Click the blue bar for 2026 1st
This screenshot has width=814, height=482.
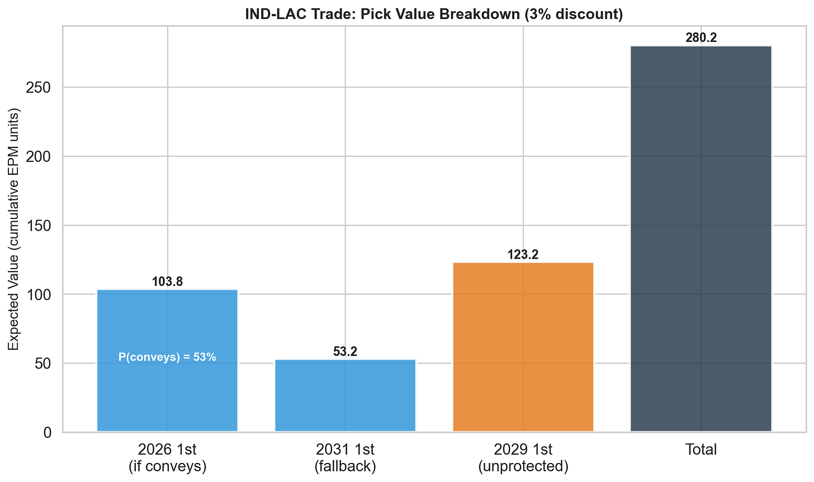click(167, 391)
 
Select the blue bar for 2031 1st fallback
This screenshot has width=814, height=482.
click(345, 397)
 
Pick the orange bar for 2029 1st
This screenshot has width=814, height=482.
click(523, 346)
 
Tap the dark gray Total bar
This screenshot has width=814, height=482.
click(701, 240)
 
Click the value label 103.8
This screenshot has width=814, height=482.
click(167, 282)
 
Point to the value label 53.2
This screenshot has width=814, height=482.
click(345, 352)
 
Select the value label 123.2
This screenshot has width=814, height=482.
click(523, 255)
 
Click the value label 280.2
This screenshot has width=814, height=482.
click(701, 38)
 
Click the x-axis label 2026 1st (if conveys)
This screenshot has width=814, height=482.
click(167, 457)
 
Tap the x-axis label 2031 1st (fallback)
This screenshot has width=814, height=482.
click(345, 457)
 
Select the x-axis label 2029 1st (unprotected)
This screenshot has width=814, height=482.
click(523, 457)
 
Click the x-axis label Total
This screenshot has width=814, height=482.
click(701, 450)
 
